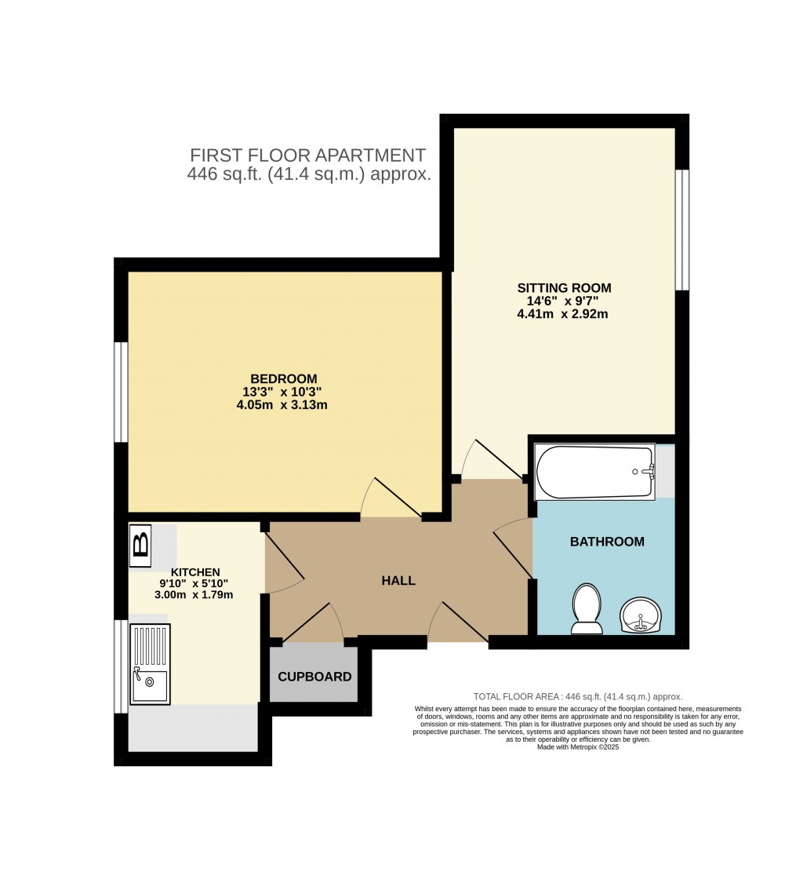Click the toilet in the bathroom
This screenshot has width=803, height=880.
[587, 609]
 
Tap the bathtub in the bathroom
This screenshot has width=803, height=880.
[595, 472]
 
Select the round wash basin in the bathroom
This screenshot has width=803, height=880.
[641, 615]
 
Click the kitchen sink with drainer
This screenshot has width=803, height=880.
[150, 664]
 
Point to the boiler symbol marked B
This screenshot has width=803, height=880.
[140, 546]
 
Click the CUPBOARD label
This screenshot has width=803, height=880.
[314, 677]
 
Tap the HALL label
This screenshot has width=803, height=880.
[398, 580]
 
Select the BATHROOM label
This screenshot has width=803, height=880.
[607, 542]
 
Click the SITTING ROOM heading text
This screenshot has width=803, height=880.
[564, 288]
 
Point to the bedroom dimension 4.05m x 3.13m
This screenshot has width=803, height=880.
[282, 404]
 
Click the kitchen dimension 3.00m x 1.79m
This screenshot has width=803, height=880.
[194, 594]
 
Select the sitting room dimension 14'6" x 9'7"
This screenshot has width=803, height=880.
[562, 301]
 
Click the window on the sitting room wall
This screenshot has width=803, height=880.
[682, 230]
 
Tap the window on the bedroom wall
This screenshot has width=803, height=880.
[121, 392]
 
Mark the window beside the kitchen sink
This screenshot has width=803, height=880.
[121, 666]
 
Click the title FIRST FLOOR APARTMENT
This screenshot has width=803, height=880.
[308, 155]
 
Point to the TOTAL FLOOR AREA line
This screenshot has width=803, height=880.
[578, 696]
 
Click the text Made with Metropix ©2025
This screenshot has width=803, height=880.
[578, 747]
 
